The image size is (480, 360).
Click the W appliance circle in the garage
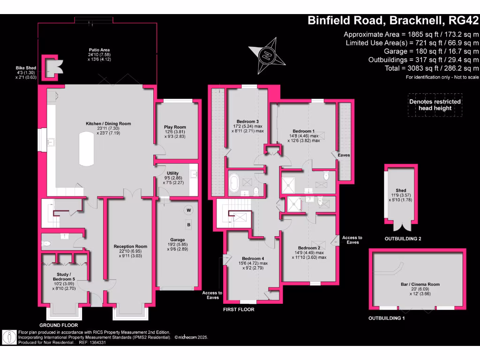(189, 210)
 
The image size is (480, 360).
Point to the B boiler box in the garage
(189, 225)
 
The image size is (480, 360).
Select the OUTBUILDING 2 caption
(403, 239)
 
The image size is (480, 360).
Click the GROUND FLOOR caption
(59, 325)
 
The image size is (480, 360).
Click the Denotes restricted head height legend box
(435, 105)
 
